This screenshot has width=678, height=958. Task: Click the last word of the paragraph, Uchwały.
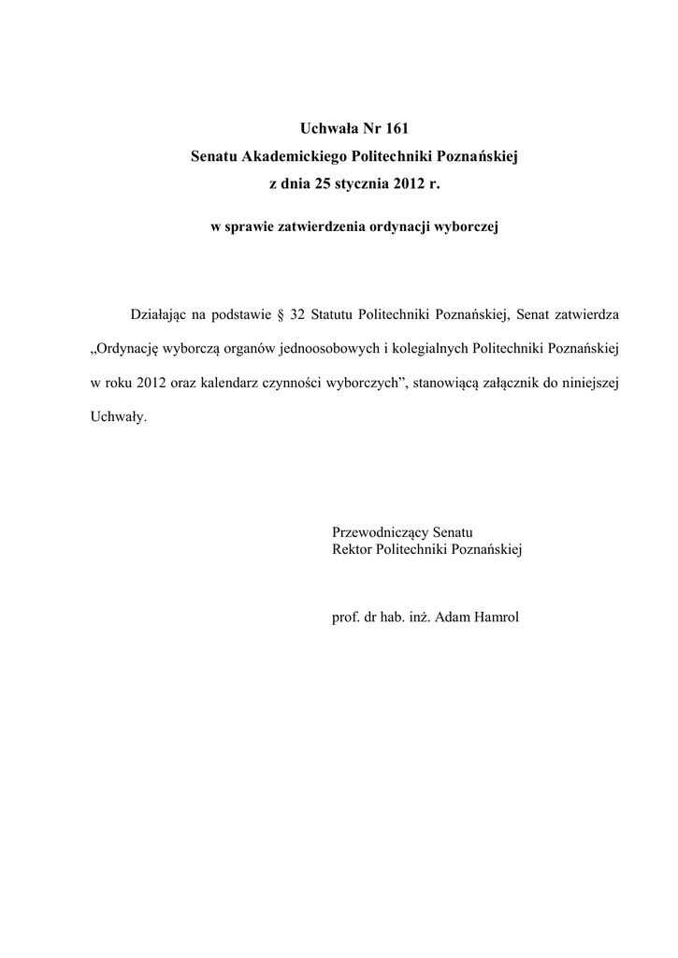click(113, 419)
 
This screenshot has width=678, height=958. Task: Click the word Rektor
click(352, 549)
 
